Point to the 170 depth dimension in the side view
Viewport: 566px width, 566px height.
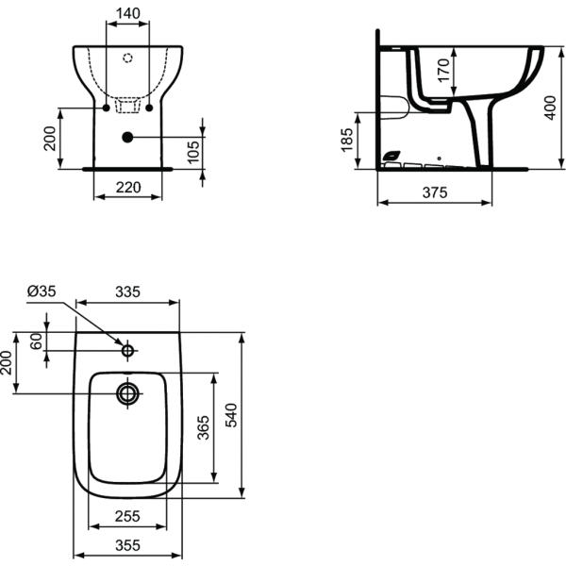(x=444, y=68)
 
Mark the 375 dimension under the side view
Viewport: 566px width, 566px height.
(x=434, y=192)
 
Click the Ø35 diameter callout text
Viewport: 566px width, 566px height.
(x=42, y=291)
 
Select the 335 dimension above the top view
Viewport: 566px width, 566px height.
(x=127, y=292)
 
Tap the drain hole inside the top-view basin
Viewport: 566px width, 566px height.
(x=126, y=391)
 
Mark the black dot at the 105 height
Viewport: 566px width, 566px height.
(x=126, y=137)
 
